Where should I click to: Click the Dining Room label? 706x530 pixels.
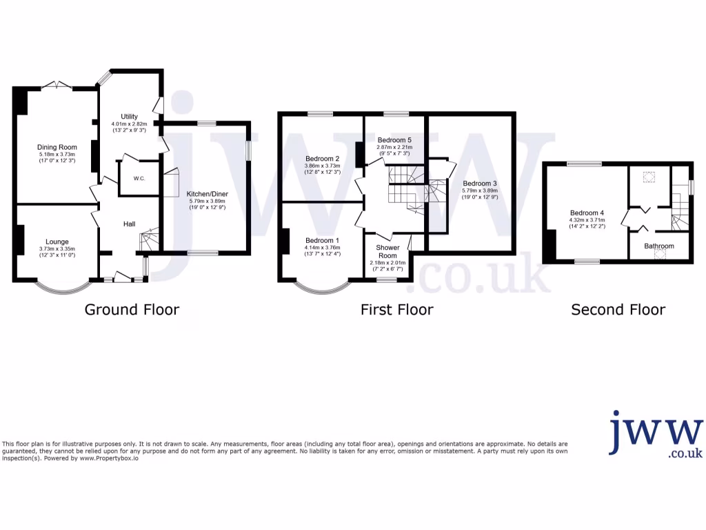tap(56, 146)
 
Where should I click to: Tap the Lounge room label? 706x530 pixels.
tap(57, 242)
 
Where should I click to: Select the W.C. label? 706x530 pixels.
tap(139, 178)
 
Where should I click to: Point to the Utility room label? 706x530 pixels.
tap(130, 116)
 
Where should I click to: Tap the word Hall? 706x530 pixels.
tap(129, 224)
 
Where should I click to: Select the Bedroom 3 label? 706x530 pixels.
tap(480, 183)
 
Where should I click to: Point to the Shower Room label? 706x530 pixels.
tap(387, 251)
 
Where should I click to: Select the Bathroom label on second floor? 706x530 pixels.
tap(659, 246)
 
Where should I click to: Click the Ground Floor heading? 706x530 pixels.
tap(132, 309)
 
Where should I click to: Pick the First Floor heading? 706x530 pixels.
tap(396, 309)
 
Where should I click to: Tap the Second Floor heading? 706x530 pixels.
tap(618, 309)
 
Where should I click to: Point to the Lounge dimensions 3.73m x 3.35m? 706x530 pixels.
tap(57, 249)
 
